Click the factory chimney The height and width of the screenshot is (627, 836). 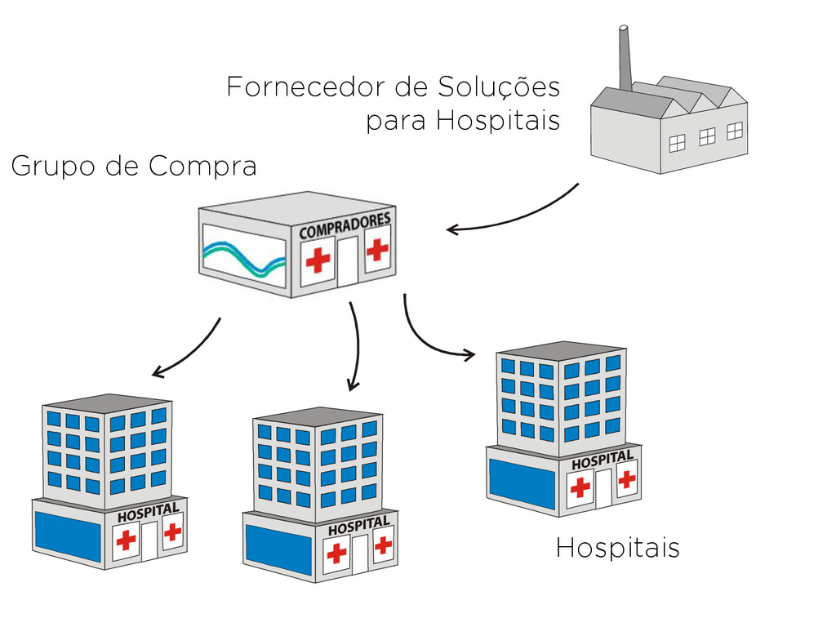tap(625, 57)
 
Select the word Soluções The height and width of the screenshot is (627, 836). tap(498, 87)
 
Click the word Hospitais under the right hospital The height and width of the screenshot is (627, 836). tap(617, 548)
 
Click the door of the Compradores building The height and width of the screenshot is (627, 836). tap(348, 262)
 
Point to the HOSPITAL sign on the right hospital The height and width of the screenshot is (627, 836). tap(602, 460)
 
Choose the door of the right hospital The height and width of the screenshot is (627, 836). tap(603, 489)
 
